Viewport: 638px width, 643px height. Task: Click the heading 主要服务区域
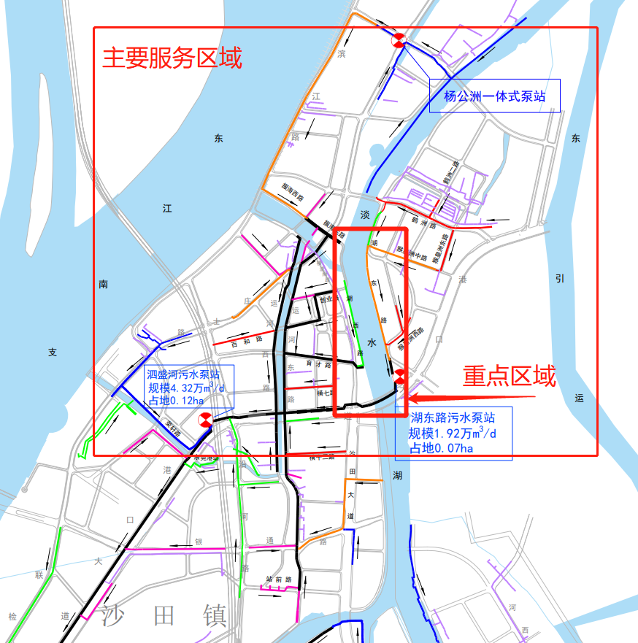tap(172, 58)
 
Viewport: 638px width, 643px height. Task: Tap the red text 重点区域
tap(510, 376)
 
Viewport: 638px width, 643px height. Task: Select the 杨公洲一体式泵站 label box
tap(495, 96)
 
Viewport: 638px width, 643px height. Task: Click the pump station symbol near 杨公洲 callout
tap(399, 41)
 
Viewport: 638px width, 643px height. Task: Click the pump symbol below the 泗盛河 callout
tap(205, 420)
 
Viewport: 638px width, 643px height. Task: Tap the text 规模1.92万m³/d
tap(453, 433)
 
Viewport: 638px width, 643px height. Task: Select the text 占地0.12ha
tap(176, 400)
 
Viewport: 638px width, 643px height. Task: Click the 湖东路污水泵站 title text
tap(453, 418)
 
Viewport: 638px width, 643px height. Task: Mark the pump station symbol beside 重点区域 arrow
tap(400, 377)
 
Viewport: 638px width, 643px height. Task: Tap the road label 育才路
tap(314, 363)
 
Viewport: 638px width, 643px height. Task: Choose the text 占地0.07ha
tap(440, 448)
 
